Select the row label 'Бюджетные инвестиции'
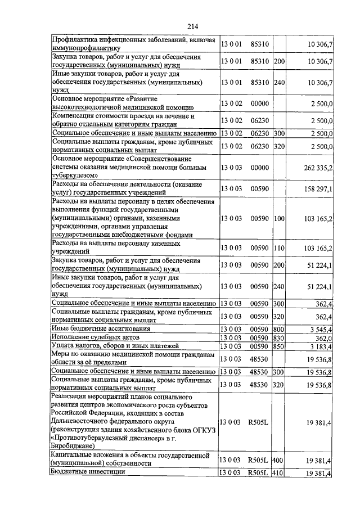click(x=87, y=472)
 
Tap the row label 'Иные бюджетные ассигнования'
click(x=101, y=328)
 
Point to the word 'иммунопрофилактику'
click(x=85, y=48)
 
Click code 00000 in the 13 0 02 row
click(x=259, y=103)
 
